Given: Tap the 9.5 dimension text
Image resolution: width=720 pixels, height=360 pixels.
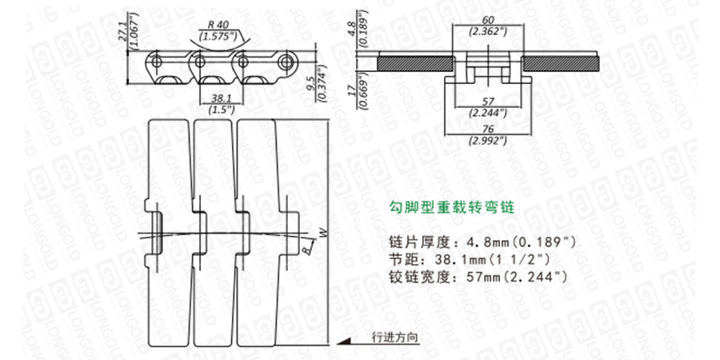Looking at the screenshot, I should (310, 78).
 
